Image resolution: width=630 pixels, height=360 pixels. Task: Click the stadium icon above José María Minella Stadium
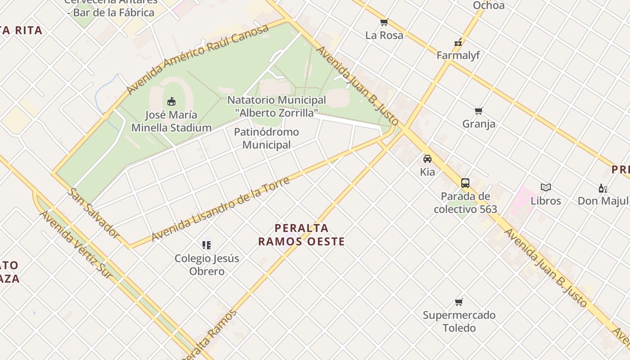point(171,101)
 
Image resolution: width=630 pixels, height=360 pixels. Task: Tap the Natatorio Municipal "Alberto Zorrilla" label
point(276,106)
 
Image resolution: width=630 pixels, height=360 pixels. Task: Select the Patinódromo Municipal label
point(266,138)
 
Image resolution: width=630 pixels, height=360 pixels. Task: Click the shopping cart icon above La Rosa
point(384,22)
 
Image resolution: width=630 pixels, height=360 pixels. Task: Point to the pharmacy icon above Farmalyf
point(458,43)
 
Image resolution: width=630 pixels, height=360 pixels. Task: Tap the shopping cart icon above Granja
point(479,111)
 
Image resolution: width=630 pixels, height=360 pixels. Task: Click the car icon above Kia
point(427,159)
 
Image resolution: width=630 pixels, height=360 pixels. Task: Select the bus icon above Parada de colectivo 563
point(465,183)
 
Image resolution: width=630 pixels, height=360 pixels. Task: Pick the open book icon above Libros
point(546,188)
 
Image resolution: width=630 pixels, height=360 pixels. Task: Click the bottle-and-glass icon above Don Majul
point(603,188)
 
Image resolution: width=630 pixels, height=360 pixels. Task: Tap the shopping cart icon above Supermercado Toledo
point(459,302)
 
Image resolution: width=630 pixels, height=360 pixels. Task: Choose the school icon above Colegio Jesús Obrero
point(207,245)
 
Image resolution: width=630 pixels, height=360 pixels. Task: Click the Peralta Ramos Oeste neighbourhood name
point(301,235)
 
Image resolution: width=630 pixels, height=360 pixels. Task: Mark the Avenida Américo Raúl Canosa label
point(198,59)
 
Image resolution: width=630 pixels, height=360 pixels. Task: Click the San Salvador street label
point(94,213)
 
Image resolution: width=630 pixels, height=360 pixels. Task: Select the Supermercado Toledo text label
point(459,321)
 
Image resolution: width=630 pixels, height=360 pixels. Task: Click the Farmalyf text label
point(458,55)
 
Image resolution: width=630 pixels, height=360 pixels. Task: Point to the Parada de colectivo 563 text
point(465,202)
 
